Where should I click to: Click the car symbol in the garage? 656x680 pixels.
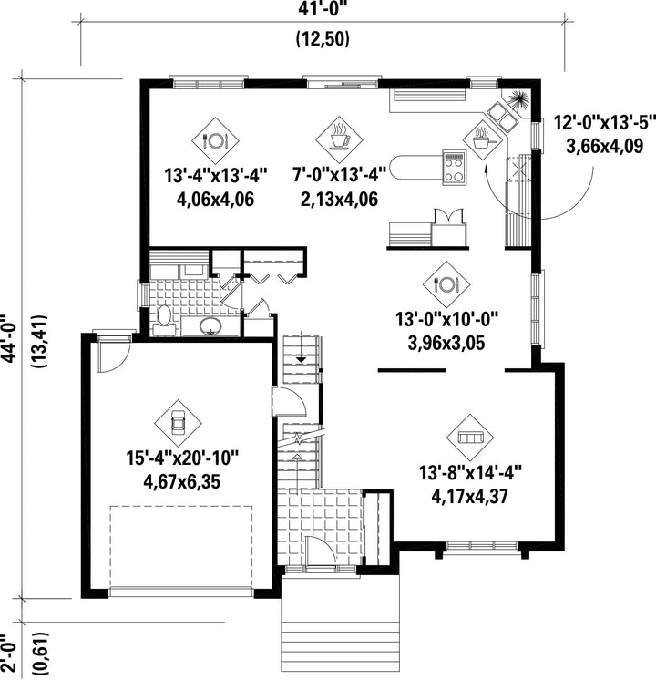pos(178,423)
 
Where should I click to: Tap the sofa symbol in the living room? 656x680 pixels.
pos(470,438)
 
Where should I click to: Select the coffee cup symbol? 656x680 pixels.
pos(339,138)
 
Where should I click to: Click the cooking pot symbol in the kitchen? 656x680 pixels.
pos(482,139)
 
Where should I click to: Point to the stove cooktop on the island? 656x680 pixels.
pos(455,167)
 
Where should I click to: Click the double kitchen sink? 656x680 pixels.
pos(503,117)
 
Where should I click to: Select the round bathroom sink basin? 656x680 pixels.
pos(210,325)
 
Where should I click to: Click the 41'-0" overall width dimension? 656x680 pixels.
pos(323,9)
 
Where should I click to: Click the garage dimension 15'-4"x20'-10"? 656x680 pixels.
pos(182,458)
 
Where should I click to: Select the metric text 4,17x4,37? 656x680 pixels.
pos(469,496)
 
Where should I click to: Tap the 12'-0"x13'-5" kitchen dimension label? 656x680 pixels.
pos(604,123)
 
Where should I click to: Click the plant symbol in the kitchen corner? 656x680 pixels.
pos(518,100)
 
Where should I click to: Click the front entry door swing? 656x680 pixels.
pos(320,550)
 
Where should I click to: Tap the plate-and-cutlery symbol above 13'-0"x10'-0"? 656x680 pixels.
pos(446,284)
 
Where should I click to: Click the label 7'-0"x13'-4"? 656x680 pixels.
pos(339,176)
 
